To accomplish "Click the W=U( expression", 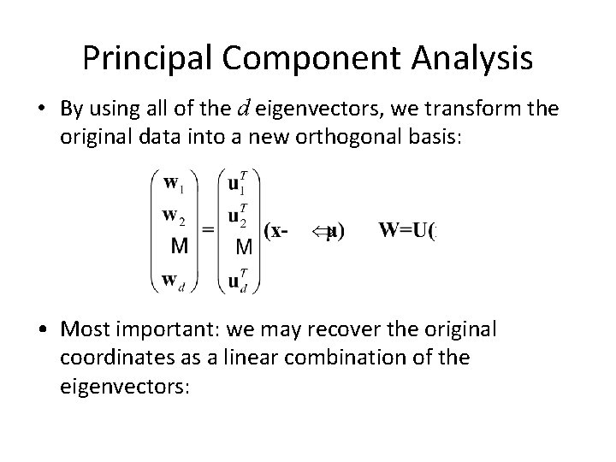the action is coord(407,230).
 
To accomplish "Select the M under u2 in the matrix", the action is coord(243,247).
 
